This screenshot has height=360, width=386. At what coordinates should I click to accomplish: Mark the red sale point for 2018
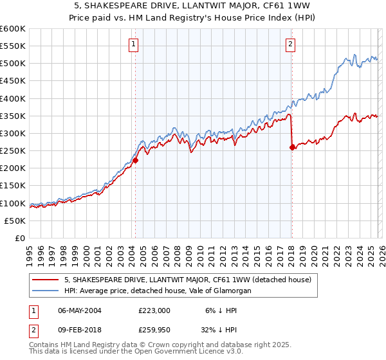coord(292,147)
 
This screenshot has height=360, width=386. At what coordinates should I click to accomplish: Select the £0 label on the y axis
coord(19,238)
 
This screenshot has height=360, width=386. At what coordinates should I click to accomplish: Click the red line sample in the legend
coord(45,280)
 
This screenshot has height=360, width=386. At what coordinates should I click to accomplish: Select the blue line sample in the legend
coord(45,291)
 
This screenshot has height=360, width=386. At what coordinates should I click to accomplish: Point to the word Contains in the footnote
coord(45,346)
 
